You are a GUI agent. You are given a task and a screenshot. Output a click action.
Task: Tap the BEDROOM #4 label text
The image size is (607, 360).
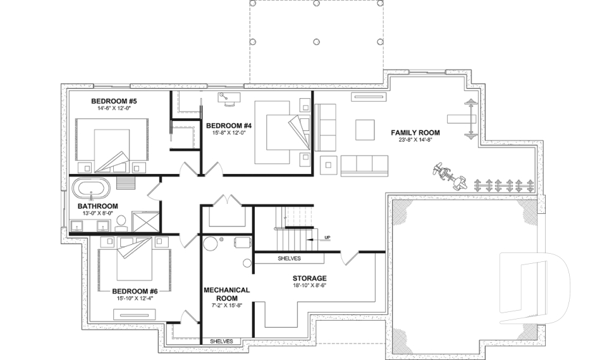point(230,125)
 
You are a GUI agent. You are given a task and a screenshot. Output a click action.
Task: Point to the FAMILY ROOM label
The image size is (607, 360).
point(415,133)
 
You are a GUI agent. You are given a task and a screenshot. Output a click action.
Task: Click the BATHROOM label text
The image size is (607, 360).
point(97,206)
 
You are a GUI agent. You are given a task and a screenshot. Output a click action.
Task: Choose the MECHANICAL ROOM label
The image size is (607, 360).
point(226,294)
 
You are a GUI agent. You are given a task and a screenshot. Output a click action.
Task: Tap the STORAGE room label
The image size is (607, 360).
point(309,278)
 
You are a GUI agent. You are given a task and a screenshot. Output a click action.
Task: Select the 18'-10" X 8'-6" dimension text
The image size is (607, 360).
point(309,286)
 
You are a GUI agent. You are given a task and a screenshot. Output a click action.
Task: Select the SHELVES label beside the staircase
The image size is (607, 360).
point(289,259)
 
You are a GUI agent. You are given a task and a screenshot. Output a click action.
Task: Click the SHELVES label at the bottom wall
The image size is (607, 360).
point(221,342)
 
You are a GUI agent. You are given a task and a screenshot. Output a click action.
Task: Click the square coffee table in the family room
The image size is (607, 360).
point(365,130)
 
